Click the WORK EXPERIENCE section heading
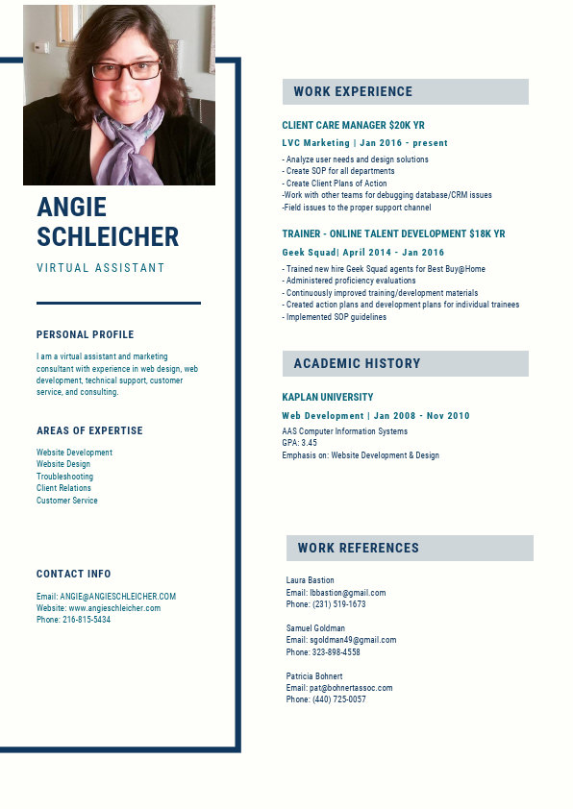(353, 92)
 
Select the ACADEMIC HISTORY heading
(357, 363)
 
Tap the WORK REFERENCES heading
(358, 549)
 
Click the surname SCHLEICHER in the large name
(108, 236)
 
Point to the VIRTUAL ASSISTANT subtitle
(101, 268)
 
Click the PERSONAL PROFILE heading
(86, 335)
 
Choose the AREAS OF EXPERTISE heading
(89, 431)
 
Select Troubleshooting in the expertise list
(64, 477)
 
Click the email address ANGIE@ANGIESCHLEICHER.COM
(117, 597)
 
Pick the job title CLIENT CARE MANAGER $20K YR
(353, 126)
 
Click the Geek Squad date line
(362, 253)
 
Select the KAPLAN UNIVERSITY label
(328, 397)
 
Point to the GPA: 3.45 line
(299, 444)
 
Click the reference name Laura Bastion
(310, 580)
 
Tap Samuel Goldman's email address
(352, 640)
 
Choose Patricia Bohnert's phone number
(338, 699)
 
